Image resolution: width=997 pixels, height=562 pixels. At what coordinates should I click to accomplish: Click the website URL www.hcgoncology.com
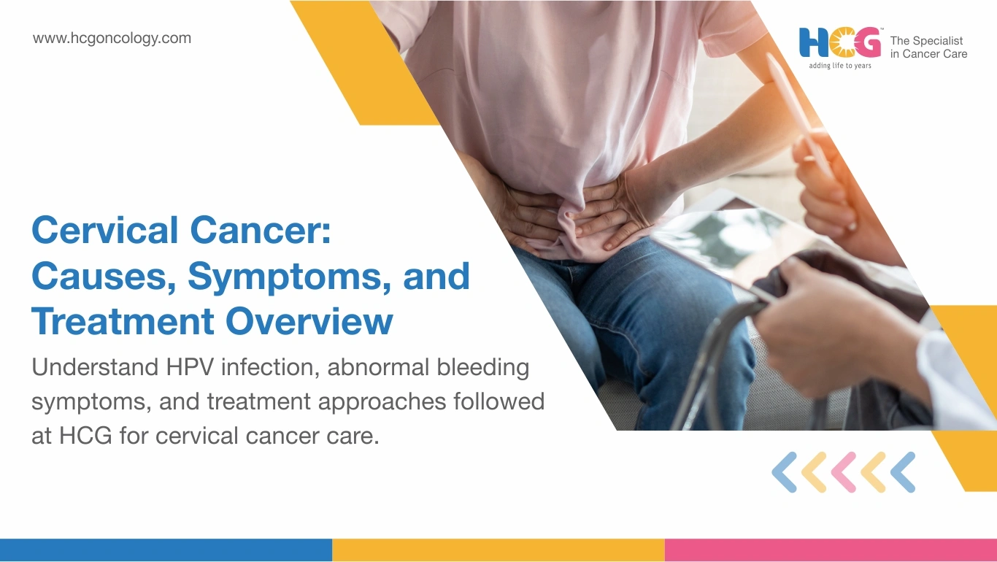(112, 38)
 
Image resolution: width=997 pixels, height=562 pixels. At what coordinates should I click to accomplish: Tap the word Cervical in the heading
(104, 230)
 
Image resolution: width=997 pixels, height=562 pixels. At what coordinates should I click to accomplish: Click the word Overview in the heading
(309, 321)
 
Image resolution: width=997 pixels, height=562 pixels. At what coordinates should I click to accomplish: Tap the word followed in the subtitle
(499, 401)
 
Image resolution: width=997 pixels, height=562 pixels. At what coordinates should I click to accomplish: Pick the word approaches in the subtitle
(382, 403)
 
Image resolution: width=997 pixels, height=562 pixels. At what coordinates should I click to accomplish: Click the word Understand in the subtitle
(96, 368)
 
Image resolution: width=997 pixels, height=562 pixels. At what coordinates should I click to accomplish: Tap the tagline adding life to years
(839, 66)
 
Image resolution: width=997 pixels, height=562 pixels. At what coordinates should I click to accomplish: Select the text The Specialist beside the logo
(926, 40)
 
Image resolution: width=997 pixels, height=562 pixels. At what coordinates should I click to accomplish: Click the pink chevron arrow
(844, 472)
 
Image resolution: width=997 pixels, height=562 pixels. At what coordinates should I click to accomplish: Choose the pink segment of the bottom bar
(831, 550)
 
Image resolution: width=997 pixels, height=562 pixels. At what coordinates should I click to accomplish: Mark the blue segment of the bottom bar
(166, 550)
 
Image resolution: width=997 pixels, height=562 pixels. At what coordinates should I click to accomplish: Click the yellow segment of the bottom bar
(498, 550)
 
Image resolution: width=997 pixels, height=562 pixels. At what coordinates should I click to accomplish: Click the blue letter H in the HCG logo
(813, 43)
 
